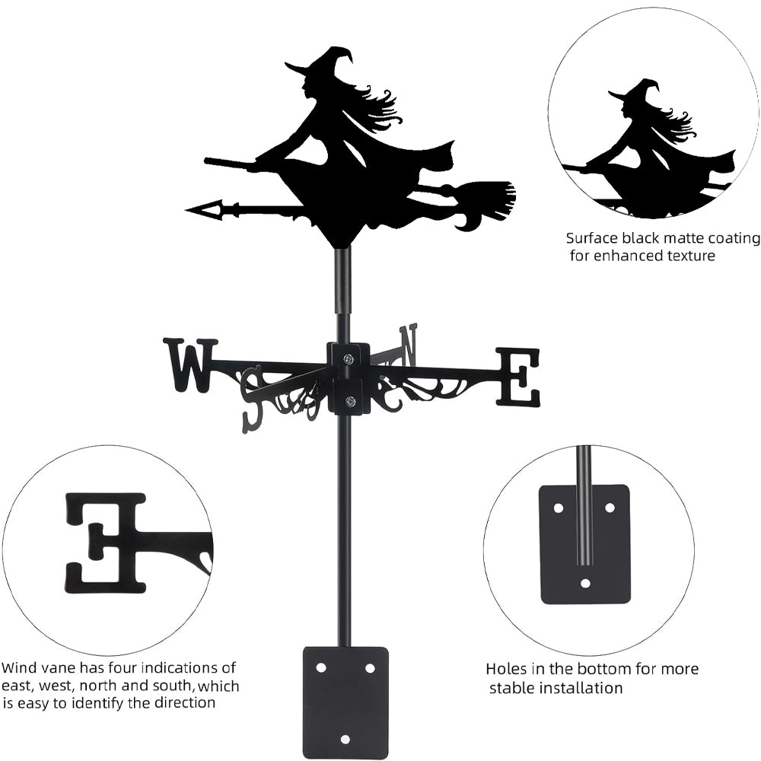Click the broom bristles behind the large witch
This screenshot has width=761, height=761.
pos(490,196)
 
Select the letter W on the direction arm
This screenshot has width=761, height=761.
pos(190,365)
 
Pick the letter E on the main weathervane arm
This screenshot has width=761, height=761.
pos(519,377)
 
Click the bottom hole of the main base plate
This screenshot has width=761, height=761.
pos(345,739)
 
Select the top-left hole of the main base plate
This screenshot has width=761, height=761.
pos(321,667)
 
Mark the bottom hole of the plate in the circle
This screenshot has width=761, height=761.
pos(585,584)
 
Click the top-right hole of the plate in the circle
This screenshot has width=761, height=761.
pos(610,507)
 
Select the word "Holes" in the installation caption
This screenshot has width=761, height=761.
pos(508,669)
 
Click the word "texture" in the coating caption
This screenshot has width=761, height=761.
pos(688,256)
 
